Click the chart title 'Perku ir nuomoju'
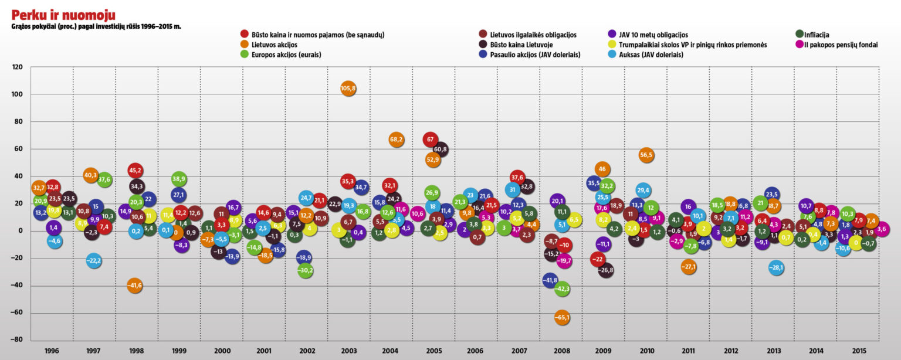click(x=63, y=15)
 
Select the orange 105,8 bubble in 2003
click(x=348, y=89)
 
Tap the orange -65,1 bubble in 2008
click(x=562, y=318)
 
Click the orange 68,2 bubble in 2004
click(x=396, y=140)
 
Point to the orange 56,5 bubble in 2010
click(x=646, y=155)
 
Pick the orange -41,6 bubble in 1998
click(x=134, y=286)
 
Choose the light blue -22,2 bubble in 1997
click(x=94, y=260)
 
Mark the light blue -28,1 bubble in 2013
click(x=776, y=268)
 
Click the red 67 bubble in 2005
click(x=430, y=140)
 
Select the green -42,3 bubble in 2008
click(x=563, y=288)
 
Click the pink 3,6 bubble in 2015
click(x=882, y=229)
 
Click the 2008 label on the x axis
click(x=562, y=351)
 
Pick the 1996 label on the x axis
click(x=52, y=351)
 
